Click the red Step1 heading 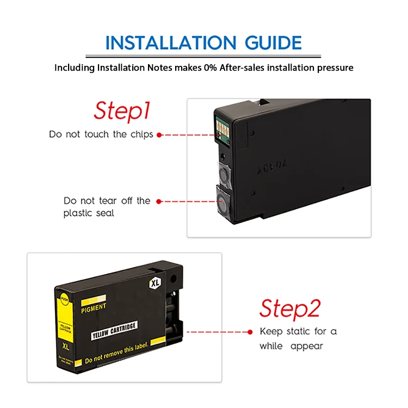tap(121, 110)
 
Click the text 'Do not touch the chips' tap(101, 134)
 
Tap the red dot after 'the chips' tap(159, 134)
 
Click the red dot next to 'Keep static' tap(250, 331)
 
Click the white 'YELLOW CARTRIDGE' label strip tap(115, 326)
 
